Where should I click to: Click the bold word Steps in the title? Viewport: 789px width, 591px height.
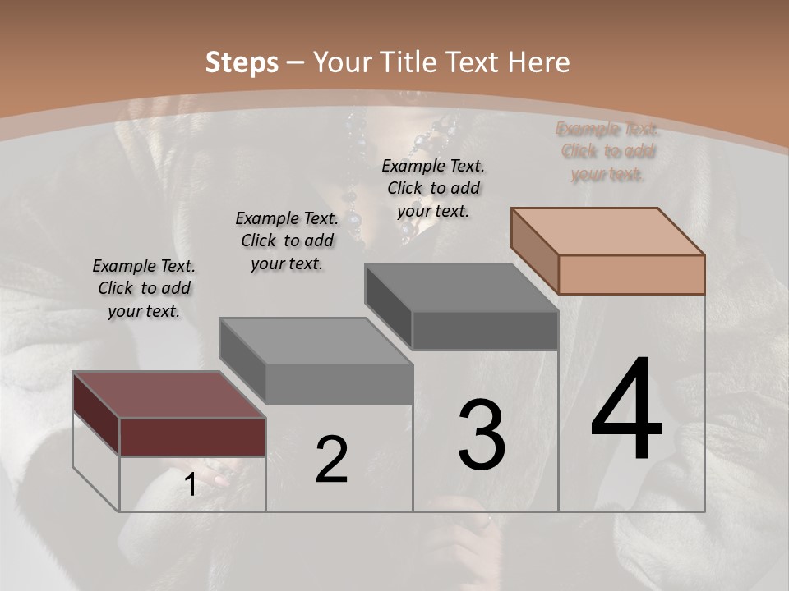[242, 62]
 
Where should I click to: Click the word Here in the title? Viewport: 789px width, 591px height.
[538, 62]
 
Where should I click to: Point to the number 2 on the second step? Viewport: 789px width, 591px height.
[331, 460]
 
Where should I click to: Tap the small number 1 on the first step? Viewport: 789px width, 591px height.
[190, 485]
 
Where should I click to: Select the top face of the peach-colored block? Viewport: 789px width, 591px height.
[607, 231]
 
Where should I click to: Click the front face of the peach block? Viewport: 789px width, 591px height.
[631, 274]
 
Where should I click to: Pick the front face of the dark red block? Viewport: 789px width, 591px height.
[192, 437]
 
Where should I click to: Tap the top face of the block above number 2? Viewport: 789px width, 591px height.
[316, 341]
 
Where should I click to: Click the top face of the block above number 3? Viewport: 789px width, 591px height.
[461, 287]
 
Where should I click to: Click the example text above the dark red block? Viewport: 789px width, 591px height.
[144, 289]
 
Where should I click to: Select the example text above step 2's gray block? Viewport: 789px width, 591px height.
[287, 241]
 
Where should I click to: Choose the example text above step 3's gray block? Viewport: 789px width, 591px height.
[433, 188]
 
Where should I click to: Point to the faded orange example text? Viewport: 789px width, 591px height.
[607, 152]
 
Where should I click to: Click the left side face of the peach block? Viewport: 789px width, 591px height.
[534, 251]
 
